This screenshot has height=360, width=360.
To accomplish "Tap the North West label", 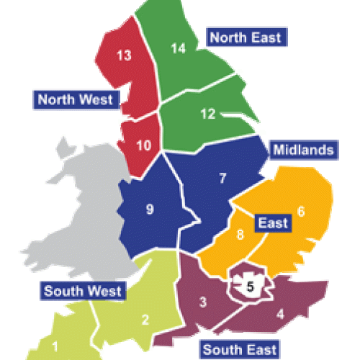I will [75, 99].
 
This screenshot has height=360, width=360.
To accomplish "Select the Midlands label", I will [303, 150].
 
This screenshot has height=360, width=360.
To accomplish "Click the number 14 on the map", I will [178, 48].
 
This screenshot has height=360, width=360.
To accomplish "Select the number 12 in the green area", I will [208, 113].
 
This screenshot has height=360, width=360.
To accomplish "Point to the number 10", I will [143, 145].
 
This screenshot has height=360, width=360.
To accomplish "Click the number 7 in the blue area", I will [223, 178].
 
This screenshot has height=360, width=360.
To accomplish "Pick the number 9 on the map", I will [150, 210].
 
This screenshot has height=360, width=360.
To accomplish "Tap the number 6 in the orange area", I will [301, 211].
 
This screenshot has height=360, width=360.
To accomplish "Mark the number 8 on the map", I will [241, 235].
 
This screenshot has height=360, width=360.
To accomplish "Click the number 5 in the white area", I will [249, 286].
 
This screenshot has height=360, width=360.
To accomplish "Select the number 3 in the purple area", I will [204, 302].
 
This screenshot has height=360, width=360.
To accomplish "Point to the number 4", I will [280, 312].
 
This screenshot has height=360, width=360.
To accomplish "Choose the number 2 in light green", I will [145, 320].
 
